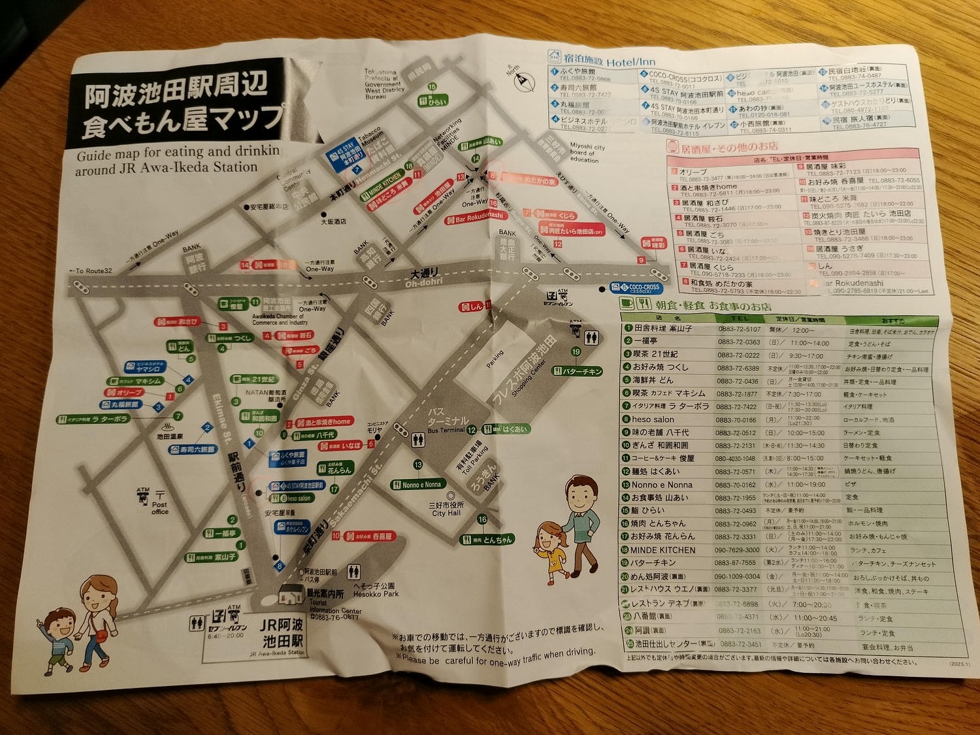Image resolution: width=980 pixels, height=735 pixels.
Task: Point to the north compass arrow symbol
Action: (x=521, y=81)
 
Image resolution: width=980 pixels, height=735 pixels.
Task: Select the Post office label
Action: (x=159, y=508)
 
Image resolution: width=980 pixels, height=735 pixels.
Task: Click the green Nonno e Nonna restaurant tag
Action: (x=417, y=485)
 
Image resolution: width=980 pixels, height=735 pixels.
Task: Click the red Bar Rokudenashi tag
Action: (x=475, y=217)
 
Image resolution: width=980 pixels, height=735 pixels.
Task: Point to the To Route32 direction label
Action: (x=91, y=270)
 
